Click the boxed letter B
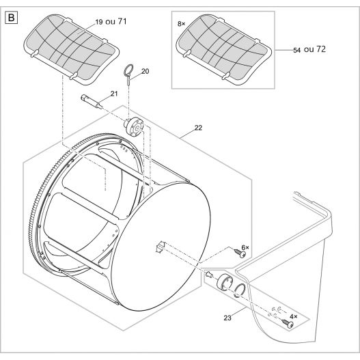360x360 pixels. (11, 18)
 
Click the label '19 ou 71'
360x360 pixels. (111, 22)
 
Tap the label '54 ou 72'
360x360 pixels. (309, 49)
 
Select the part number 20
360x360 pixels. (145, 71)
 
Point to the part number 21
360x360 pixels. (114, 94)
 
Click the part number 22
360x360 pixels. (198, 128)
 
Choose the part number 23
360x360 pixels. (227, 318)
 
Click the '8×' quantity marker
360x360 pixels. (181, 24)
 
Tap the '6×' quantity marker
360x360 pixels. (245, 247)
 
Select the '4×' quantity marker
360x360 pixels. (293, 316)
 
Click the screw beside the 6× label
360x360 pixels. (240, 253)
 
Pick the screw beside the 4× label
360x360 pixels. (288, 323)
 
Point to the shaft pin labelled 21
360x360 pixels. (92, 102)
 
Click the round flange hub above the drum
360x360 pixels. (135, 127)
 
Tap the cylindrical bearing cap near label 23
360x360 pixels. (225, 283)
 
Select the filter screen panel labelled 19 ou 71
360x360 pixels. (72, 50)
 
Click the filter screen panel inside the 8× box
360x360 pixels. (223, 50)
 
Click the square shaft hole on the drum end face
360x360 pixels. (161, 247)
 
